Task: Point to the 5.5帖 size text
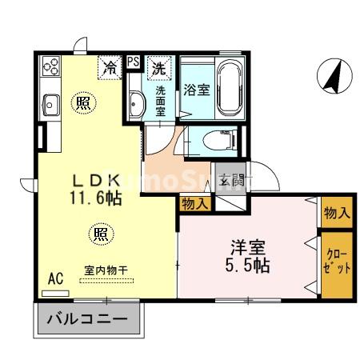(247, 265)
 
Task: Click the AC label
(55, 278)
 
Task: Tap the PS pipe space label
(133, 61)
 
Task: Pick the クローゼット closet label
(336, 263)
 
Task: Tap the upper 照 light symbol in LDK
(82, 103)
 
